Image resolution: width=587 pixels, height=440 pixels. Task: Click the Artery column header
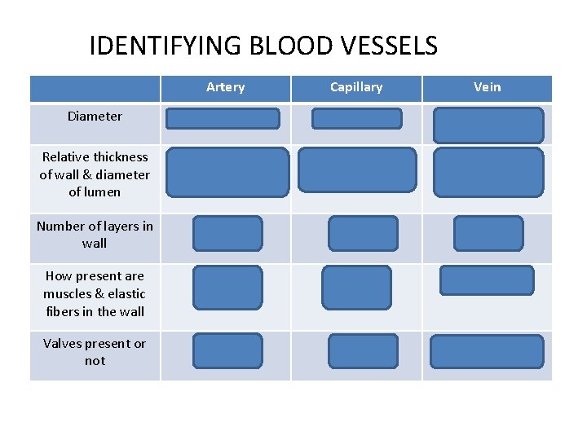click(x=225, y=87)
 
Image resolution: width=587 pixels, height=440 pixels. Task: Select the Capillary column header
click(x=356, y=87)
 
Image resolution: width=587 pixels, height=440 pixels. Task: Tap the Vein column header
click(x=488, y=87)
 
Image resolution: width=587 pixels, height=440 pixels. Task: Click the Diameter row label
click(x=95, y=117)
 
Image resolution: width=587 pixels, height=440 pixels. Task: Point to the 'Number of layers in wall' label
click(x=95, y=235)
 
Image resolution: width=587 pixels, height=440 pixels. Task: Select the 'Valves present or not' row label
click(x=95, y=352)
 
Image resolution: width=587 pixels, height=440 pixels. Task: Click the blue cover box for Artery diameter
click(x=223, y=119)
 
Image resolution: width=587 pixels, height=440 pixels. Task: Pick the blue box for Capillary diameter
click(x=357, y=119)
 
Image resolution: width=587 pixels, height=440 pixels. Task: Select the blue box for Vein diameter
click(x=488, y=125)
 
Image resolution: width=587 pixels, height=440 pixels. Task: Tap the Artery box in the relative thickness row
click(x=227, y=172)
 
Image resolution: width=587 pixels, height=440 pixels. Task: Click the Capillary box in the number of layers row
click(x=363, y=233)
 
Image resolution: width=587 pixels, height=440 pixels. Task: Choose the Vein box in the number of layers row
click(x=488, y=233)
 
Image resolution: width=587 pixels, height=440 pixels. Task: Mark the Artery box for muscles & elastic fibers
click(x=227, y=288)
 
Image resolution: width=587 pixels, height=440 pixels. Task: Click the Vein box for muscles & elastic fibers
click(x=487, y=280)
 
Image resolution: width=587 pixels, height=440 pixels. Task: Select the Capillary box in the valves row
click(x=363, y=351)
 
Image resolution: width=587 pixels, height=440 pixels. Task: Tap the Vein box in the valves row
click(x=487, y=351)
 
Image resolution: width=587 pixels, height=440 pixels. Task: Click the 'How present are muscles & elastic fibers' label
click(x=95, y=293)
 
